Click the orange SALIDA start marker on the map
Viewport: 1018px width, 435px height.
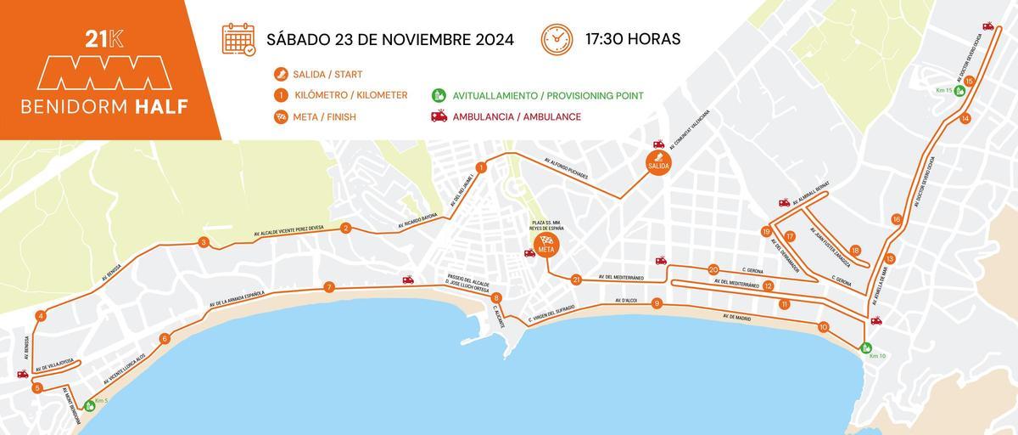tap(658, 161)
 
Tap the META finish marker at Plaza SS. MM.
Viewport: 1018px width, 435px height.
tap(545, 245)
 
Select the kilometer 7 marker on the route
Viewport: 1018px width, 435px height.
tap(328, 287)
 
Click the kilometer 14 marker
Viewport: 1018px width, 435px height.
tap(965, 119)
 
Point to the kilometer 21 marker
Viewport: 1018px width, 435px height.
tap(576, 280)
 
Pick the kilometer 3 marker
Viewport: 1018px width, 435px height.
tap(204, 243)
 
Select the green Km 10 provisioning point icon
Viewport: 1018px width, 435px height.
tap(866, 347)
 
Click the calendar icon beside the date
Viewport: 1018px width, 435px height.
tap(238, 39)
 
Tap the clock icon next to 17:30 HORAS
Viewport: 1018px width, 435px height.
tap(557, 39)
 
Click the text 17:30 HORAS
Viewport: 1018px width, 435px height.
tap(632, 39)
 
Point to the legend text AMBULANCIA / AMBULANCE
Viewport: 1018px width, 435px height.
tap(517, 116)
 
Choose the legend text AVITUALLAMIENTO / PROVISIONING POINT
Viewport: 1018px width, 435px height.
tap(548, 95)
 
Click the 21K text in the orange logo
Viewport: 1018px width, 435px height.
tap(103, 38)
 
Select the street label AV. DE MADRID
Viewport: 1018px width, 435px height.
tap(737, 317)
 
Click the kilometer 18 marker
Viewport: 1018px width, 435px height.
tap(855, 251)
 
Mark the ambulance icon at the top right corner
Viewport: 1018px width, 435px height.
tap(987, 26)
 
